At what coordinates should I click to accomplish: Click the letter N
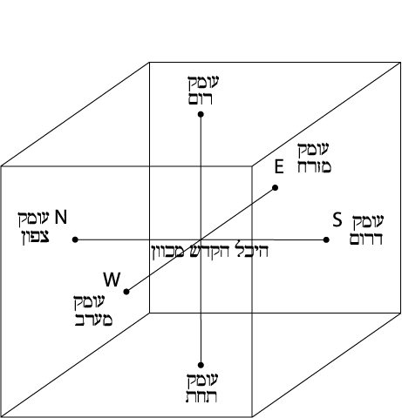[x=61, y=217]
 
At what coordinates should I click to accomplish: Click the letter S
[x=337, y=219]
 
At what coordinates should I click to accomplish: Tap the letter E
[x=279, y=166]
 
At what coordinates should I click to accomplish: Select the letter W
[x=112, y=280]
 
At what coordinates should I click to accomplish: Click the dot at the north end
[x=75, y=239]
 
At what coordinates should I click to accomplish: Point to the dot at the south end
[x=326, y=239]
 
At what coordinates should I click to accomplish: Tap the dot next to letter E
[x=275, y=188]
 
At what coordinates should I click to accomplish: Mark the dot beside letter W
[x=126, y=292]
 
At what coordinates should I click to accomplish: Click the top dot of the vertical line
[x=201, y=114]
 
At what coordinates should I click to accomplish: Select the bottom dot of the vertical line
[x=201, y=365]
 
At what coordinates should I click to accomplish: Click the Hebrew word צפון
[x=36, y=238]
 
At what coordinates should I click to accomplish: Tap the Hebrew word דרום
[x=366, y=239]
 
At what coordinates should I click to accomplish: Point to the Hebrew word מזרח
[x=314, y=166]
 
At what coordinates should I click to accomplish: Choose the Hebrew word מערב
[x=93, y=320]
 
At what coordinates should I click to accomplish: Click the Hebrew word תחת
[x=201, y=396]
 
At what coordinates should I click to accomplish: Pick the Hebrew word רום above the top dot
[x=201, y=98]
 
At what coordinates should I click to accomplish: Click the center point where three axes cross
[x=201, y=239]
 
